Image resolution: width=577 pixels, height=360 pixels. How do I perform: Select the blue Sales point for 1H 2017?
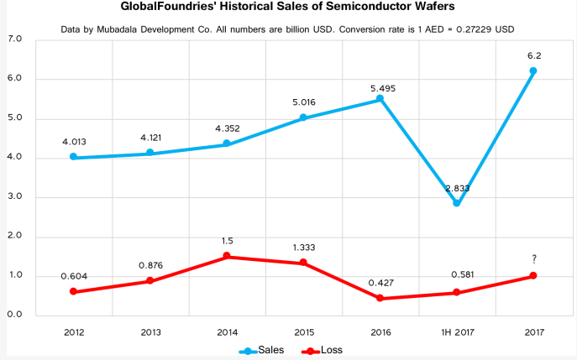(457, 203)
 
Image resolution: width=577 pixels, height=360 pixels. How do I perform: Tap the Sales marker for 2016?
(380, 99)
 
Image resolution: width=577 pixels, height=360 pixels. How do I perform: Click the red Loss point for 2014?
(227, 257)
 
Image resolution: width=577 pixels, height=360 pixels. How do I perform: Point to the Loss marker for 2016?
(380, 298)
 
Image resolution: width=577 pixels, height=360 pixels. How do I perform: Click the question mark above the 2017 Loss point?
(532, 258)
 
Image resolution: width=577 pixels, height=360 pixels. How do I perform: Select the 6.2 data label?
(532, 55)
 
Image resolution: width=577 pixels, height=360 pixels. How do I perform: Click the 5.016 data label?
(303, 102)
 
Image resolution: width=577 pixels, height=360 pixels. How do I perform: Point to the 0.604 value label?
(74, 275)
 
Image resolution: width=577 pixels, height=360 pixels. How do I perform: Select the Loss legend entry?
(323, 349)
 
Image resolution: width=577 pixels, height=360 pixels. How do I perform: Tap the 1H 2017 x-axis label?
(456, 331)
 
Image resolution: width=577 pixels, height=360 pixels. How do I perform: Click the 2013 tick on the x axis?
(150, 331)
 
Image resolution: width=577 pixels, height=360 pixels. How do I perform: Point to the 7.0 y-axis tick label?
(14, 39)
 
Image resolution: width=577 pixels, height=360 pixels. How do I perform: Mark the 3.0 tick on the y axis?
(14, 197)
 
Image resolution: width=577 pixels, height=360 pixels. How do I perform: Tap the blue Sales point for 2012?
(74, 157)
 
